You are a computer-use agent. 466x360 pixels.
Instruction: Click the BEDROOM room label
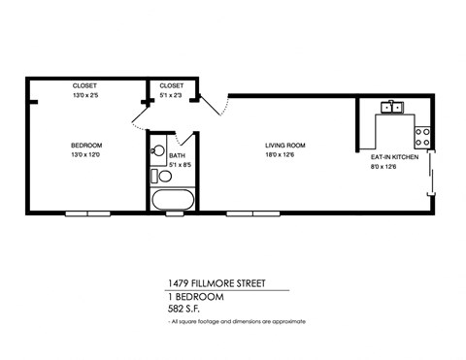[85, 146]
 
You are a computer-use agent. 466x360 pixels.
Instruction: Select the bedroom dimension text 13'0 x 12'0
[85, 154]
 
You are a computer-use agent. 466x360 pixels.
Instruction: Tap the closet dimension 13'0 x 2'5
[85, 95]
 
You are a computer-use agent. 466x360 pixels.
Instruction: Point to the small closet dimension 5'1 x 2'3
[172, 95]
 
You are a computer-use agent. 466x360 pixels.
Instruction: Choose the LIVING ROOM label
[283, 146]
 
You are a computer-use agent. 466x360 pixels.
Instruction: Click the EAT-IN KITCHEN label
[394, 155]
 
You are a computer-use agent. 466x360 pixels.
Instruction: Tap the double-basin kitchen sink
[393, 107]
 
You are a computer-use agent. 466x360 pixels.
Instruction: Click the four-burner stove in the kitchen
[423, 136]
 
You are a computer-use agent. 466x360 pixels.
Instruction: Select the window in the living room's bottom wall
[260, 213]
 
